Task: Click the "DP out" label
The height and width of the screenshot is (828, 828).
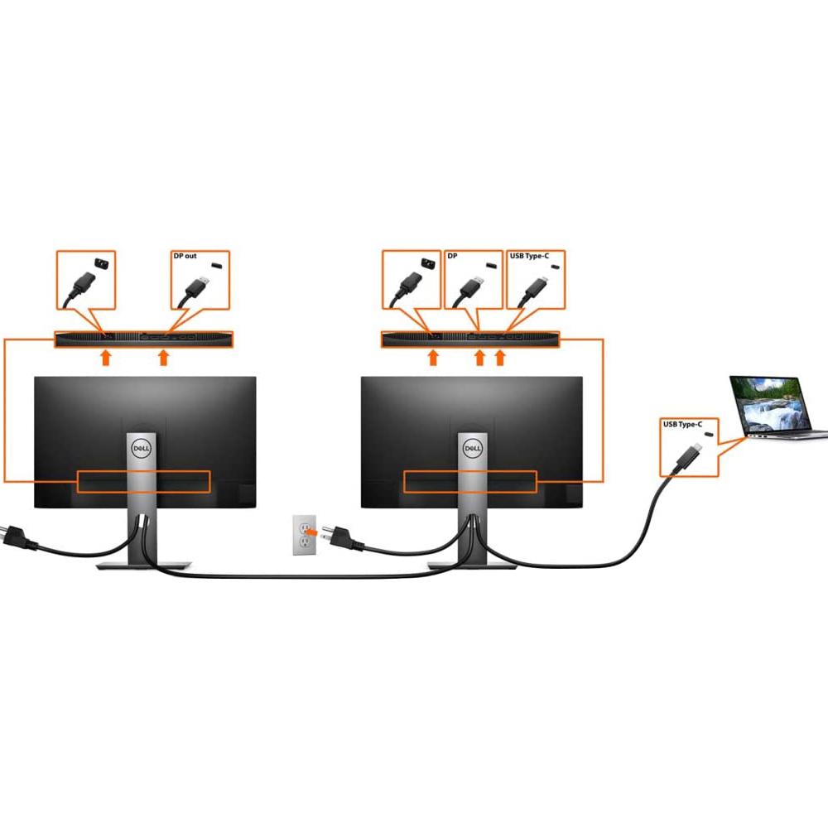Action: point(185,256)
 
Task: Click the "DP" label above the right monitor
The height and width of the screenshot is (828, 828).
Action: point(452,256)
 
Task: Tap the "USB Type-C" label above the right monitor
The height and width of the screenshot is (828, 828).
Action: point(529,256)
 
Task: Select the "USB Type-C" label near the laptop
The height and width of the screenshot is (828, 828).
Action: point(683,424)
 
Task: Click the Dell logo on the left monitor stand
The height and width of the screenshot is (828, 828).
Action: point(142,449)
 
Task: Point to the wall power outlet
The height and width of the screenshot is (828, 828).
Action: point(305,535)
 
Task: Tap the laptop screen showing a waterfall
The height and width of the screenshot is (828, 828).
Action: point(770,406)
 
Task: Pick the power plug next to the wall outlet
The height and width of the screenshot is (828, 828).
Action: point(342,537)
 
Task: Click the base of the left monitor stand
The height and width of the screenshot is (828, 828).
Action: point(143,566)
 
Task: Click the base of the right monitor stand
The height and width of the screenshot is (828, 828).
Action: point(472,566)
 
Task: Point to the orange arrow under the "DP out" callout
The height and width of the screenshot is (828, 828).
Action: point(164,358)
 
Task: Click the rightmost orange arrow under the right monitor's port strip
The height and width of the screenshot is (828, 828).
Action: point(500,358)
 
